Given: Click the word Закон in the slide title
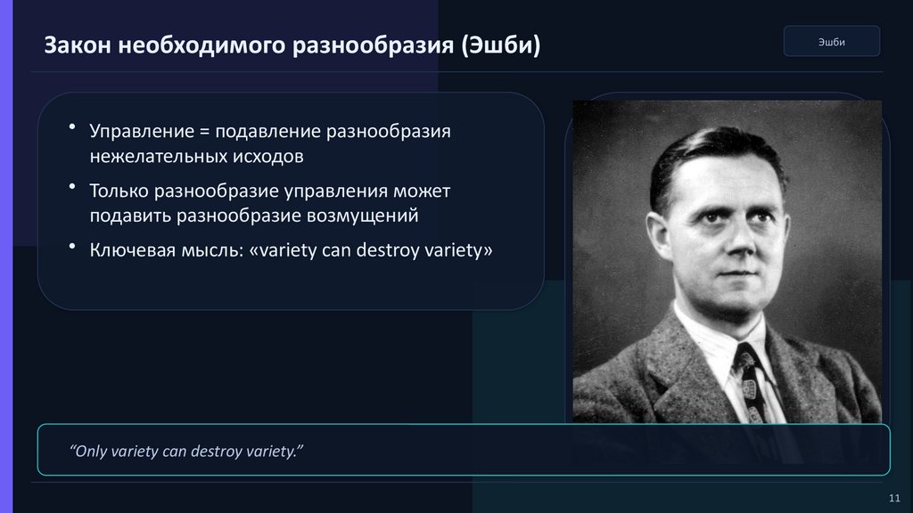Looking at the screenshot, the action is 78,45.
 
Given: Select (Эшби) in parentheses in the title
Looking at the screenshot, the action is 501,45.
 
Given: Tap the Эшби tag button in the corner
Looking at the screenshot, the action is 832,41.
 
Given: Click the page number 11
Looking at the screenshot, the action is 894,498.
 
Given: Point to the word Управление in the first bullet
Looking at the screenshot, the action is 142,132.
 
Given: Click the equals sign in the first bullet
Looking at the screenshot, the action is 204,132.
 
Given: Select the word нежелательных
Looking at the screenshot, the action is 159,156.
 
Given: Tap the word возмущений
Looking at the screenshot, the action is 362,216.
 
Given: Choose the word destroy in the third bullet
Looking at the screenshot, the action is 388,250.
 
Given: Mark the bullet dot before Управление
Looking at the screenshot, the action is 72,126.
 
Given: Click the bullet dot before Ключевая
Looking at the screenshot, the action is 72,247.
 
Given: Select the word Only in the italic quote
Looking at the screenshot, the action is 87,452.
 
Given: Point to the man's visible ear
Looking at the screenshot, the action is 659,235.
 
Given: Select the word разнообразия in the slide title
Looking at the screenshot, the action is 373,45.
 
